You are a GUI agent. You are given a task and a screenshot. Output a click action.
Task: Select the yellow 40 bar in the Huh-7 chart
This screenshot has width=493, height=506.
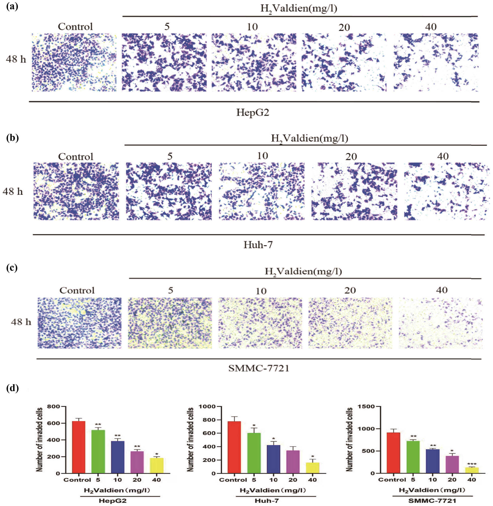312,468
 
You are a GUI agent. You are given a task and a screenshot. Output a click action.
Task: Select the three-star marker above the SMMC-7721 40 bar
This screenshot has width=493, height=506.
471,464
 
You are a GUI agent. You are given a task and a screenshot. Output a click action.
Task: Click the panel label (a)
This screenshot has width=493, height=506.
12,7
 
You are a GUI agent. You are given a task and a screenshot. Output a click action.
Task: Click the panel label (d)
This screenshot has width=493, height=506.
12,389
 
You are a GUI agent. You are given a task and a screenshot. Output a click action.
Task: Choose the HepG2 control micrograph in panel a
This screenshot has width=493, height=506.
74,62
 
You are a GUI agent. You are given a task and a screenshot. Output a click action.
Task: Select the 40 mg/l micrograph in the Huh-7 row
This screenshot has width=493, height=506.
447,191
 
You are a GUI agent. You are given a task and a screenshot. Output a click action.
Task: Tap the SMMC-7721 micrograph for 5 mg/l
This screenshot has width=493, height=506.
170,323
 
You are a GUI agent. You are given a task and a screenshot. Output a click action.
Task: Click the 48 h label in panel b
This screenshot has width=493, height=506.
13,192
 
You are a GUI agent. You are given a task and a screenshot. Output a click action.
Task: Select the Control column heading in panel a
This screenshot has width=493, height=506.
75,27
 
